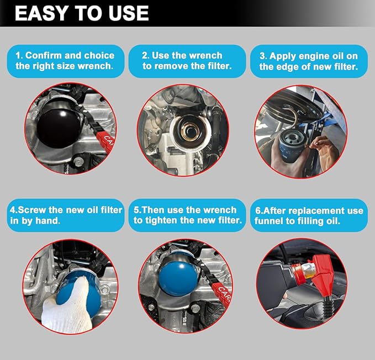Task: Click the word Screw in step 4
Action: (x=31, y=210)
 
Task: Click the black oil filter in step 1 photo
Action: (x=60, y=126)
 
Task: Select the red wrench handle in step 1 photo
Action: (x=105, y=141)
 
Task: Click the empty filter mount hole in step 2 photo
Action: (x=191, y=131)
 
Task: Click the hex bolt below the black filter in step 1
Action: (x=78, y=162)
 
